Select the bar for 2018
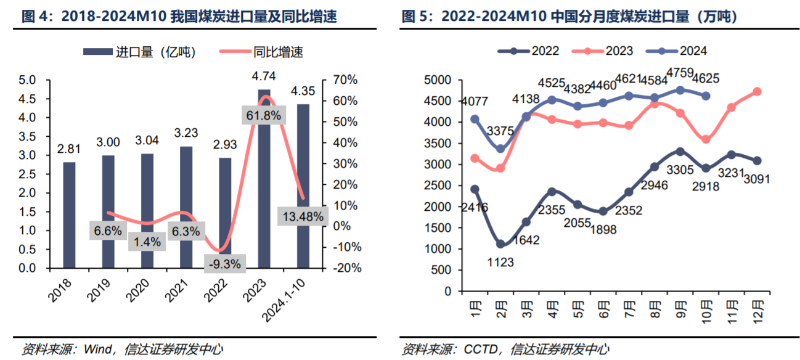tap(69, 215)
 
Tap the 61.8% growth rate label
tap(263, 115)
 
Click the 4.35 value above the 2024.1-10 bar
tap(303, 91)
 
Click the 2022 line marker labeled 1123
tap(500, 244)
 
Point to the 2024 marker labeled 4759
tap(680, 90)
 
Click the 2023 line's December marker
tap(757, 92)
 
